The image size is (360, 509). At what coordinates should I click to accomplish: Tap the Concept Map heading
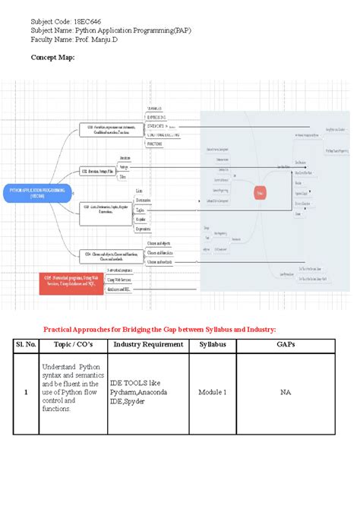[52, 58]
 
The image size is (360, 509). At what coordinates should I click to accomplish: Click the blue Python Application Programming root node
[37, 191]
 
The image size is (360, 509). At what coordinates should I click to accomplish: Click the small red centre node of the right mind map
[260, 193]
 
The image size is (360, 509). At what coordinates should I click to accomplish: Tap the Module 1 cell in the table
[213, 392]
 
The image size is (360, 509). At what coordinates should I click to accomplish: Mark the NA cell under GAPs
[286, 392]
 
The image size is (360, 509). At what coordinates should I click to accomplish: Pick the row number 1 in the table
[27, 392]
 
